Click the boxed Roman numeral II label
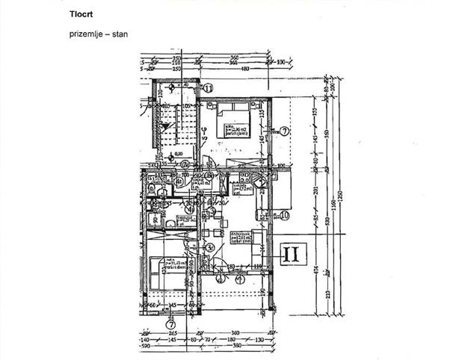(x=292, y=255)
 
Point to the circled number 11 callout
(x=209, y=87)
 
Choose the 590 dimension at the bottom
(x=147, y=347)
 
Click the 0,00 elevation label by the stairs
(x=179, y=154)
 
